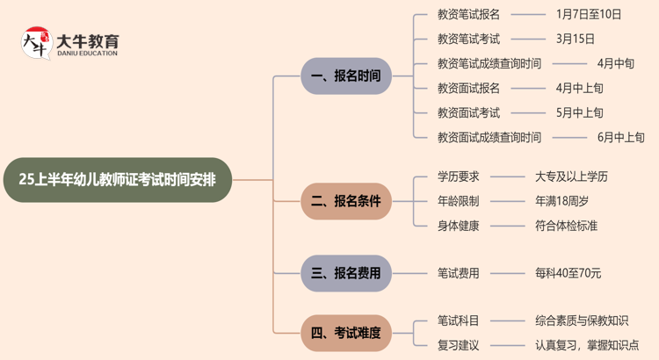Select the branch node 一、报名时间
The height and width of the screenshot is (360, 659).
coord(345,76)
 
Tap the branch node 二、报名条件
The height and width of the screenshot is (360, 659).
coord(345,201)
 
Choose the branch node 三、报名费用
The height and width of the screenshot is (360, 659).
coord(345,273)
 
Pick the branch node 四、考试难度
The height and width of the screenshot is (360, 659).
coord(345,333)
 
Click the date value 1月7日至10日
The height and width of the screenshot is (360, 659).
coord(589,14)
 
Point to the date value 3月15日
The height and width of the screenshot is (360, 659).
coord(576,39)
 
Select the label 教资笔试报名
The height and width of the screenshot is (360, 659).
coord(468,14)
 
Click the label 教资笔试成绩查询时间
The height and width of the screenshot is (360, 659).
coord(489,63)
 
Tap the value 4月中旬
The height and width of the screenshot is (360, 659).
coord(615,63)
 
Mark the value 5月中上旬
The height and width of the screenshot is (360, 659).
coord(580,112)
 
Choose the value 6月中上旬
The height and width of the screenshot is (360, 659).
coord(620,137)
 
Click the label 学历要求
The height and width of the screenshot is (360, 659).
coord(458,176)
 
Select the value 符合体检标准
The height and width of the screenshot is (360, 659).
coord(566,226)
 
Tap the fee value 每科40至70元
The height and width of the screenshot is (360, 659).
coord(568,273)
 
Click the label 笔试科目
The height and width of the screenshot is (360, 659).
coord(458,320)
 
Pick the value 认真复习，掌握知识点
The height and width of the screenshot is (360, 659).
coord(587,345)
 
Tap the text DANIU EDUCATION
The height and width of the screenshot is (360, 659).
coord(87,54)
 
